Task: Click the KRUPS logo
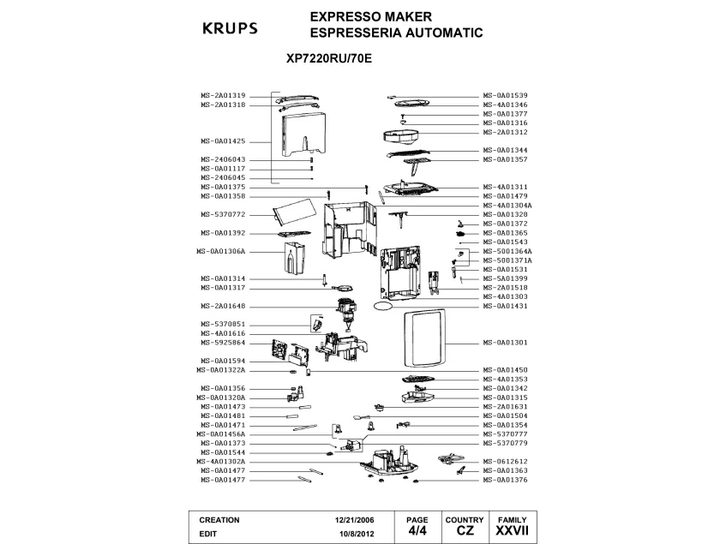(229, 27)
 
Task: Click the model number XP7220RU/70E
(329, 61)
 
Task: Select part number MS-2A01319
(223, 95)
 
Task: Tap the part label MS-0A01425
(223, 140)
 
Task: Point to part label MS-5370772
(223, 214)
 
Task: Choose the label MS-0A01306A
(221, 251)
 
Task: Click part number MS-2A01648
(223, 306)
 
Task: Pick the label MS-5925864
(223, 342)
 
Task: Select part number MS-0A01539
(505, 95)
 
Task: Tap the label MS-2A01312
(505, 132)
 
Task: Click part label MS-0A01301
(505, 342)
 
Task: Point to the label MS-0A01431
(505, 306)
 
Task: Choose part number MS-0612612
(505, 461)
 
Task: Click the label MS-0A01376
(505, 479)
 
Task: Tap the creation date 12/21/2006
(355, 520)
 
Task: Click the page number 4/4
(417, 531)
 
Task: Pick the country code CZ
(465, 531)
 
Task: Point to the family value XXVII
(512, 531)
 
